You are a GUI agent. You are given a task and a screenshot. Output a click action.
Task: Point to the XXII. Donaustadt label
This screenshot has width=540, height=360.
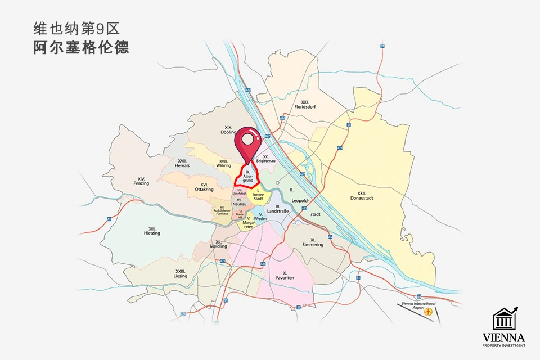(x=362, y=195)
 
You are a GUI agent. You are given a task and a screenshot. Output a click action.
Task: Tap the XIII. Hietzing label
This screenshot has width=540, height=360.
(x=152, y=231)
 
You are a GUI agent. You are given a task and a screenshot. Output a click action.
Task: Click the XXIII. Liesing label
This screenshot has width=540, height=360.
(x=181, y=273)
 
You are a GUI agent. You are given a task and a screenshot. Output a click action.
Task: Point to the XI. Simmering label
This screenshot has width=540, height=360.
(x=313, y=242)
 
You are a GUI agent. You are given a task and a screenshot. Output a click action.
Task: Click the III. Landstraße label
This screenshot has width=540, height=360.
(x=278, y=209)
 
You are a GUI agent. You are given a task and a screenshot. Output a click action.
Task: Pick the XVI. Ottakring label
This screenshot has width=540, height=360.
(x=204, y=187)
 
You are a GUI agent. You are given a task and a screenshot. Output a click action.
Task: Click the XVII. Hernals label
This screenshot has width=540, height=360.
(x=182, y=163)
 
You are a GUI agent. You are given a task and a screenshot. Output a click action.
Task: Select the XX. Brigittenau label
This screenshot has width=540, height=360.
(x=264, y=159)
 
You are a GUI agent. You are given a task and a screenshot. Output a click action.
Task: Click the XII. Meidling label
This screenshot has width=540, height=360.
(x=218, y=244)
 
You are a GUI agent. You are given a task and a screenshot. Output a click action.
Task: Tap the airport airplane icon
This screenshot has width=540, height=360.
(x=429, y=311)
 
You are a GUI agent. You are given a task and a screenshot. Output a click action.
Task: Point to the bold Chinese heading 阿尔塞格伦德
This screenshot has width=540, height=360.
(x=81, y=47)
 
